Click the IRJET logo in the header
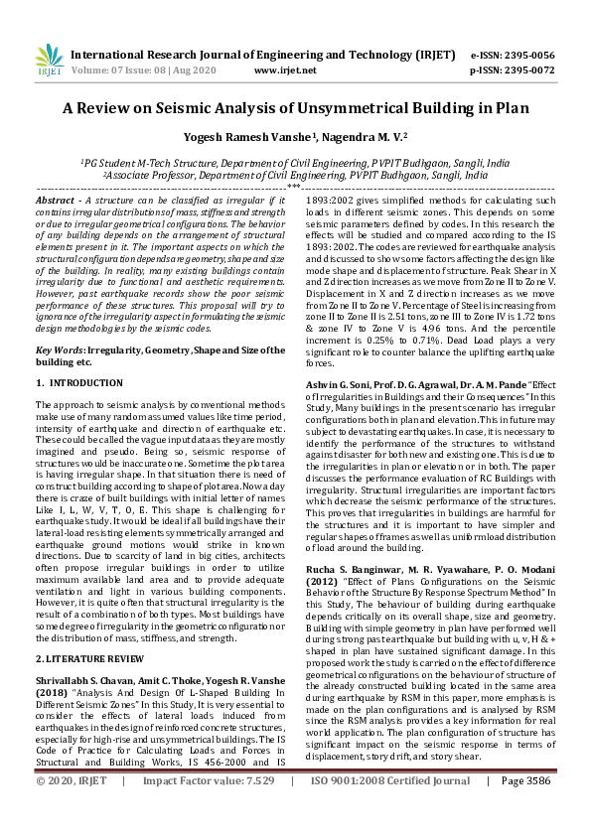[49, 61]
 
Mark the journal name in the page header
[263, 55]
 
